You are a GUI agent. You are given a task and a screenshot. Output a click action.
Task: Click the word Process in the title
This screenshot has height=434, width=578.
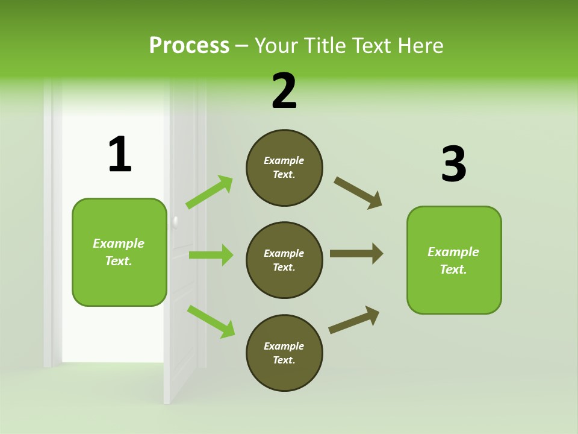[x=189, y=46]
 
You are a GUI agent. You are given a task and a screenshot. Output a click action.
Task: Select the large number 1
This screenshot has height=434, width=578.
[x=120, y=155]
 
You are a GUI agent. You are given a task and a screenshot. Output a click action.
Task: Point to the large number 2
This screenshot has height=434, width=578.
[x=284, y=91]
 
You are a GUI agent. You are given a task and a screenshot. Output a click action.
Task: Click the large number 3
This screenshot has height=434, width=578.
[x=453, y=165]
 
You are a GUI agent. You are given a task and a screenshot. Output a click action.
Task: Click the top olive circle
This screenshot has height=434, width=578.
[x=284, y=168]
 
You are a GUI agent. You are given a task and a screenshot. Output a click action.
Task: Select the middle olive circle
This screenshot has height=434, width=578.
[x=284, y=260]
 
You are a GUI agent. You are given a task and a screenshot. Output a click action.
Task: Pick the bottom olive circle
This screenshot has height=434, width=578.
[x=284, y=353]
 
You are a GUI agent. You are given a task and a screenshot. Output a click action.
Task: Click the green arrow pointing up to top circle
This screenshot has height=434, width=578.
[x=210, y=192]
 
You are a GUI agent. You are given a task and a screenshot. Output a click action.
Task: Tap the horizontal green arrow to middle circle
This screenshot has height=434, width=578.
[x=211, y=255]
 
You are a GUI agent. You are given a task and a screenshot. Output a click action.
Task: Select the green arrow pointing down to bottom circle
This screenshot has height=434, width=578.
[x=211, y=321]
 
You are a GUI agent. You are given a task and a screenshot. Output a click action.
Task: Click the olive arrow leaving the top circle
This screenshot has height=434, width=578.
[x=358, y=193]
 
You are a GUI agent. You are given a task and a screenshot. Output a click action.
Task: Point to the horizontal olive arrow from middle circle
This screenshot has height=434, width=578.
[x=356, y=253]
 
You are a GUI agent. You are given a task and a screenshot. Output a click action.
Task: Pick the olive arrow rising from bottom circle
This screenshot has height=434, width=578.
[x=354, y=320]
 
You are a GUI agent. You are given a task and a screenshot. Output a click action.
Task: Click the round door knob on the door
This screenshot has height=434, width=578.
[x=175, y=222]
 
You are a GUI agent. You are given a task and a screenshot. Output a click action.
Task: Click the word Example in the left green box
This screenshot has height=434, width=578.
[x=119, y=244]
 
